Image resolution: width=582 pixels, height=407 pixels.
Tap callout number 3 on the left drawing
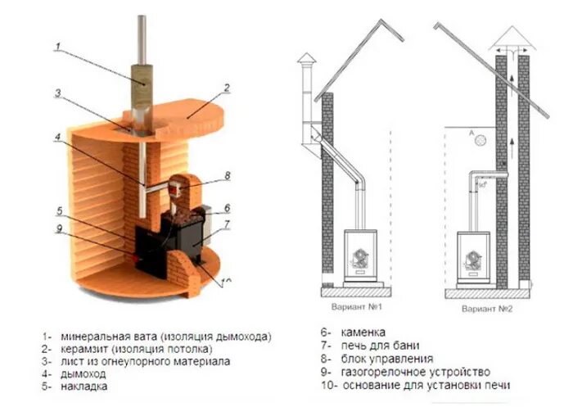58,93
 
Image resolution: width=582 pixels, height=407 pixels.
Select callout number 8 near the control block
228,174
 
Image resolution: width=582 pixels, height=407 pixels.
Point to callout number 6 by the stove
227,208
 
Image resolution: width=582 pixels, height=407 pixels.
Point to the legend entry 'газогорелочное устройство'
417,372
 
